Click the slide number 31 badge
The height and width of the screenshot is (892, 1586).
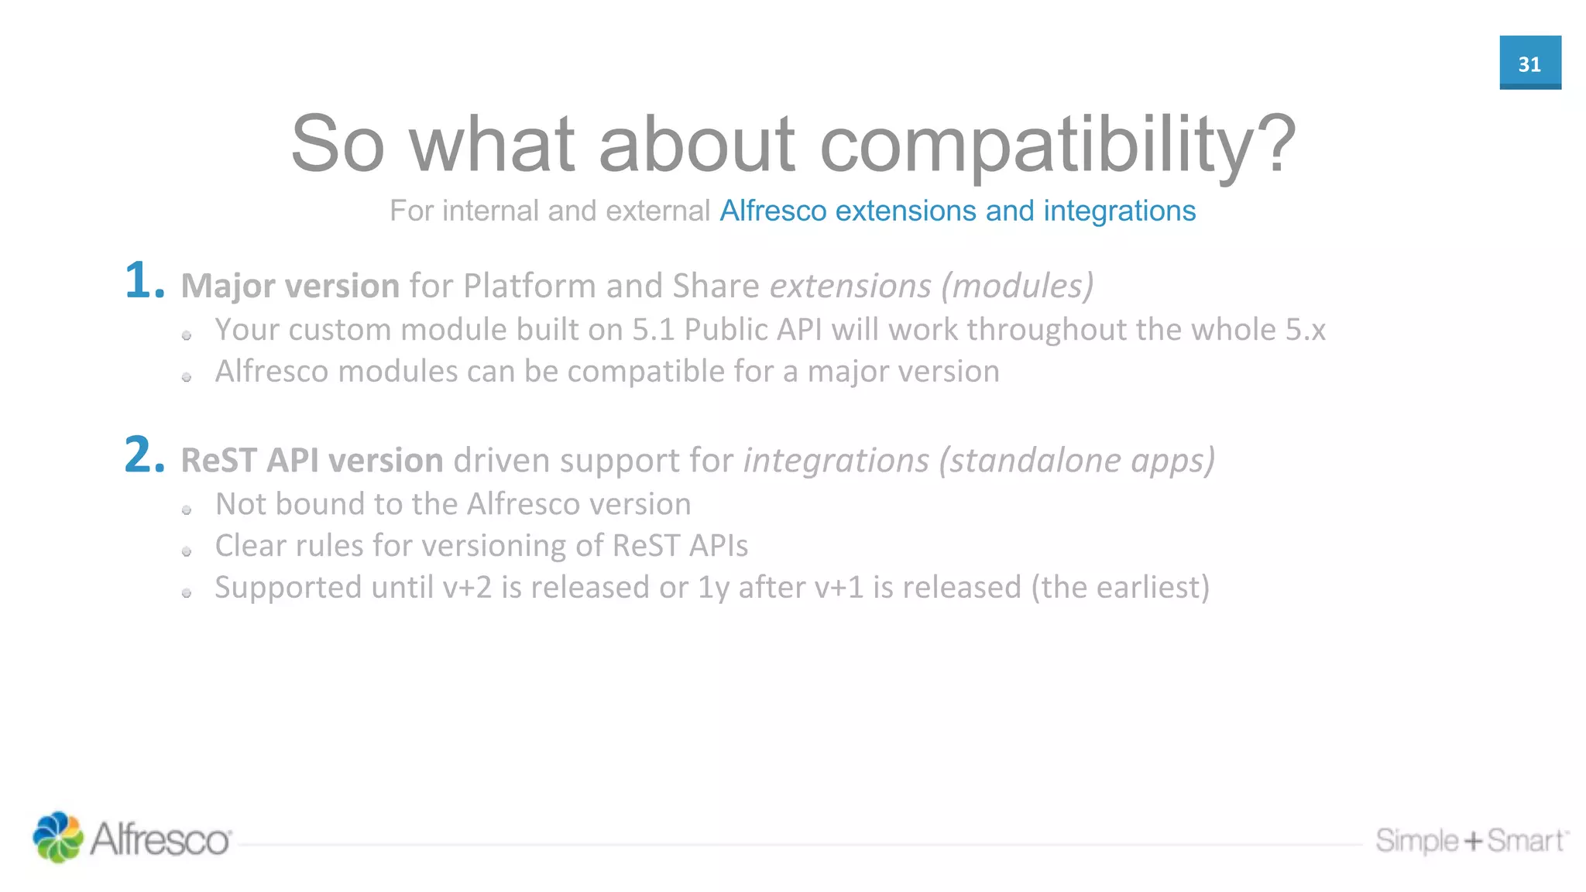coord(1529,63)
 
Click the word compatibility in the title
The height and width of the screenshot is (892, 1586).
coord(1057,145)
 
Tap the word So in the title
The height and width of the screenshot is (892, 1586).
coord(338,145)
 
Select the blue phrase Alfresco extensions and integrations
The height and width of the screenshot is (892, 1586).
coord(957,211)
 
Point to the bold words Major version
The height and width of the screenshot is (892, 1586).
coord(290,286)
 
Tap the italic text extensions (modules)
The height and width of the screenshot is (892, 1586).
coord(931,286)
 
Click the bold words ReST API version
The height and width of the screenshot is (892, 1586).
coord(312,460)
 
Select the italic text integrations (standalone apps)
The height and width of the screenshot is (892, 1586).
coord(979,460)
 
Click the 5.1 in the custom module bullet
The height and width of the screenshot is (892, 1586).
coord(653,330)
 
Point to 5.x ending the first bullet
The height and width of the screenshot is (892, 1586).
coord(1306,330)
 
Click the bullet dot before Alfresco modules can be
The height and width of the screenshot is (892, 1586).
coord(187,377)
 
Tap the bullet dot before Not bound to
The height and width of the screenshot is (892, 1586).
coord(187,509)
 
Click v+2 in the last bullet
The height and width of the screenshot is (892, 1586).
coord(467,588)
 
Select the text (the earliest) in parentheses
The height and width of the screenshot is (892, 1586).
coord(1120,588)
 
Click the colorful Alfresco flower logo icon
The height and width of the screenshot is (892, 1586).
coord(57,837)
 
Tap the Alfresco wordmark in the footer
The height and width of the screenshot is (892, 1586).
coord(160,839)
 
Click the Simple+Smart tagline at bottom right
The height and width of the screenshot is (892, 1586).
coord(1471,840)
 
